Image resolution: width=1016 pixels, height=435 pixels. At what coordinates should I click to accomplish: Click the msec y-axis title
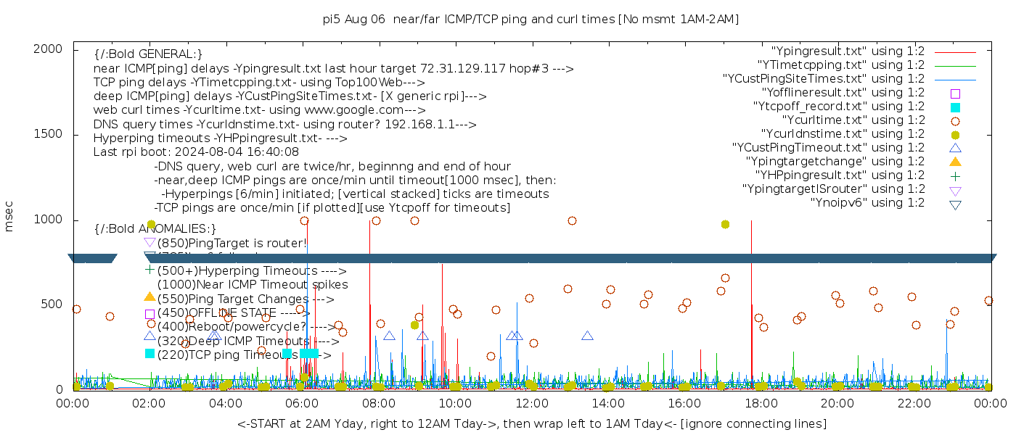tap(9, 219)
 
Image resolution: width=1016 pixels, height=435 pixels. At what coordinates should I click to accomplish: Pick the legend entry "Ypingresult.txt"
tap(847, 51)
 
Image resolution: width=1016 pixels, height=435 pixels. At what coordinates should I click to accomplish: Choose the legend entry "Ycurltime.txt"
tap(853, 120)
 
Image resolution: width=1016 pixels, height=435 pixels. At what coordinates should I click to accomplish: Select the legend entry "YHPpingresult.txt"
tap(840, 175)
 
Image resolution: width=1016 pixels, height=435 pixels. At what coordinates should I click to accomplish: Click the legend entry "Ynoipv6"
tap(867, 203)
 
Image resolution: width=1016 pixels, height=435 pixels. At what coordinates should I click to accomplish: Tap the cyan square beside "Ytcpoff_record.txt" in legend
tap(955, 107)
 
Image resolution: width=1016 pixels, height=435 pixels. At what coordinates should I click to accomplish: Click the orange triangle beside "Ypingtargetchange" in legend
tap(955, 162)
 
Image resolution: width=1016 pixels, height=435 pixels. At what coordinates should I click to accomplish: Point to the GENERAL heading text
tap(148, 54)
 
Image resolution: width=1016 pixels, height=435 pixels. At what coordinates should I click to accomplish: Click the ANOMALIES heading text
tap(155, 229)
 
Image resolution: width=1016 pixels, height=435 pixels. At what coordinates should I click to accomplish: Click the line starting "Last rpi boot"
tap(196, 152)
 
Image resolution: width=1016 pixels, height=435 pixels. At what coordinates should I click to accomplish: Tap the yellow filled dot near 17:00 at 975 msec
tap(725, 225)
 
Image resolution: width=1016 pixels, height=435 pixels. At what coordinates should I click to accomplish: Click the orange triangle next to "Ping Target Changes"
tap(149, 297)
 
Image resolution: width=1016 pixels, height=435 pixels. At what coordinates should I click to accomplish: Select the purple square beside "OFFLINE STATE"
tap(149, 314)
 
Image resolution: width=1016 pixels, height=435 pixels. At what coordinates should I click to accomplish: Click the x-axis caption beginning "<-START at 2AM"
tap(531, 423)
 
